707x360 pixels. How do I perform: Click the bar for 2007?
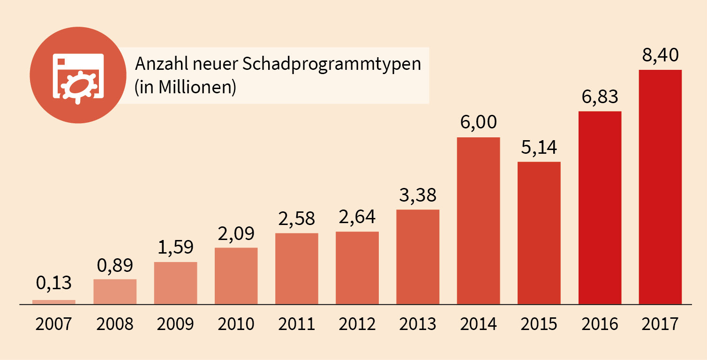[x=54, y=302]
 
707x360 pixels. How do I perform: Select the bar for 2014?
[x=478, y=220]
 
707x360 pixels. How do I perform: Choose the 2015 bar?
[x=539, y=232]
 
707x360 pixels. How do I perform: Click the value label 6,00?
[x=478, y=123]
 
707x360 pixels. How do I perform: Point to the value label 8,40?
[x=660, y=56]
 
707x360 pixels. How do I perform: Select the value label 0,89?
[x=115, y=265]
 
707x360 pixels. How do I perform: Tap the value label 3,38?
[x=418, y=195]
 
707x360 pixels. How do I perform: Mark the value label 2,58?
[x=296, y=219]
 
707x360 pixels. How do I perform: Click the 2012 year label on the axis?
[x=357, y=324]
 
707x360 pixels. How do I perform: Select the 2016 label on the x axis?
[x=600, y=324]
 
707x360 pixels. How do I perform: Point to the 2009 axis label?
[x=175, y=324]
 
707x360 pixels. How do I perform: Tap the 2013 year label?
[x=418, y=324]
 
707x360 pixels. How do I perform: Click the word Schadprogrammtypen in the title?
[x=331, y=64]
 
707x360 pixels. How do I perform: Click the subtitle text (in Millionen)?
[x=185, y=88]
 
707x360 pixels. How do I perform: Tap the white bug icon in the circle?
[x=78, y=84]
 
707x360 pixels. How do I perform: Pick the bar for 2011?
[x=296, y=268]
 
